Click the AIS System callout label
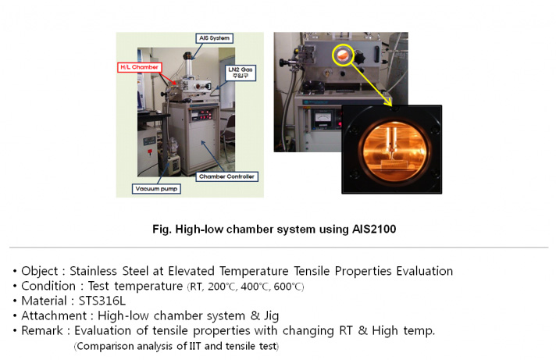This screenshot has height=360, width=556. click(x=214, y=38)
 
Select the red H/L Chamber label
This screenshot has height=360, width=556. click(x=140, y=67)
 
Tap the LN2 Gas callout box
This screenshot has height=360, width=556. click(x=241, y=73)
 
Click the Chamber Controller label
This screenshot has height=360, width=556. click(x=227, y=176)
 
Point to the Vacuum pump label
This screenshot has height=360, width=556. click(x=156, y=189)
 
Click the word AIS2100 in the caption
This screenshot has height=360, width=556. click(x=374, y=229)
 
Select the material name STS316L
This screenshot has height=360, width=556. click(x=102, y=301)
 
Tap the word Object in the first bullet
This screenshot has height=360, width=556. click(x=39, y=271)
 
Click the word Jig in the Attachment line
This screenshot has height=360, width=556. click(x=271, y=315)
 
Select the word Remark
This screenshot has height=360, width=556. click(x=42, y=330)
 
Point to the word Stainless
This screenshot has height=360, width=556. click(x=93, y=271)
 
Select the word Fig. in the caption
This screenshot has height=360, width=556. click(x=162, y=230)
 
